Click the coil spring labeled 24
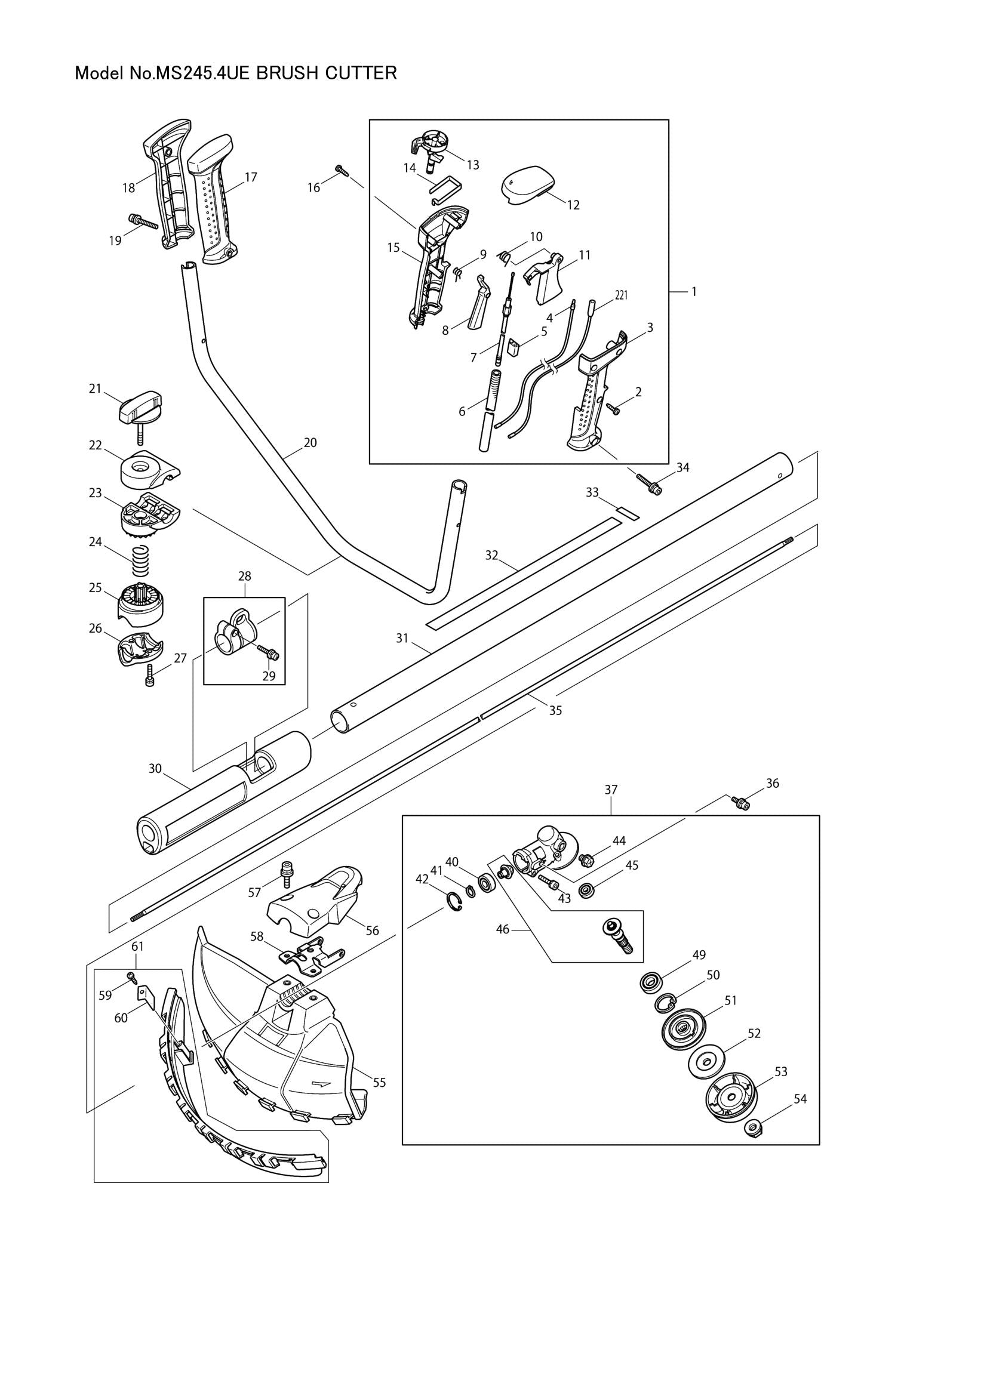(140, 561)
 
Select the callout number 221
(621, 295)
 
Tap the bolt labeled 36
(741, 803)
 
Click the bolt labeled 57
(284, 873)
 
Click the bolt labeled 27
(150, 677)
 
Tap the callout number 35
(555, 710)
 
